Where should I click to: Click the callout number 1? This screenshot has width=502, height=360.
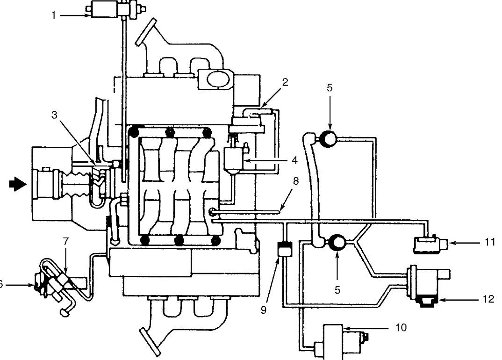(54, 15)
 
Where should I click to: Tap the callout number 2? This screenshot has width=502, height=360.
(285, 83)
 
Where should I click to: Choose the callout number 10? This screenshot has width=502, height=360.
(401, 328)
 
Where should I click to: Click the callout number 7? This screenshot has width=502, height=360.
(66, 241)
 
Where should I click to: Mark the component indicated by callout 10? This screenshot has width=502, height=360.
(337, 342)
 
